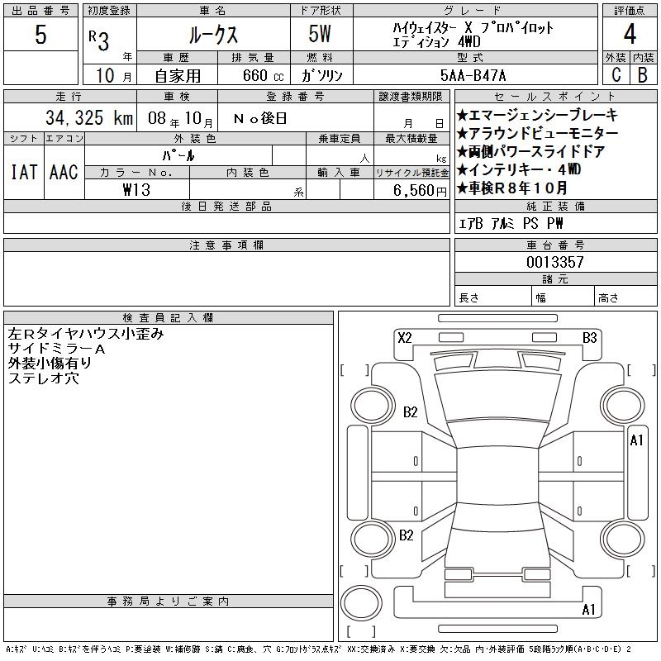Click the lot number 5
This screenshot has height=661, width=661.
pyautogui.click(x=40, y=36)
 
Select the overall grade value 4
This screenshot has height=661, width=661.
pyautogui.click(x=630, y=36)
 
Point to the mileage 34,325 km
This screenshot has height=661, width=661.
pyautogui.click(x=80, y=118)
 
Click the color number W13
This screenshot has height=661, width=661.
pyautogui.click(x=137, y=189)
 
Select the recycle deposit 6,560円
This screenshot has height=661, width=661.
pyautogui.click(x=421, y=189)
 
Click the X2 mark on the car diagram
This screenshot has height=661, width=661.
pyautogui.click(x=405, y=337)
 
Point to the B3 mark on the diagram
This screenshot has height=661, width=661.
pyautogui.click(x=590, y=337)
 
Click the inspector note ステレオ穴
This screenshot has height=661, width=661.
pyautogui.click(x=44, y=378)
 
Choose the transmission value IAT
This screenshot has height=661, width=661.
pyautogui.click(x=23, y=172)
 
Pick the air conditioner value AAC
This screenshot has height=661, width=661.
pyautogui.click(x=63, y=172)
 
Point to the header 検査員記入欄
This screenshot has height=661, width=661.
pyautogui.click(x=169, y=317)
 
